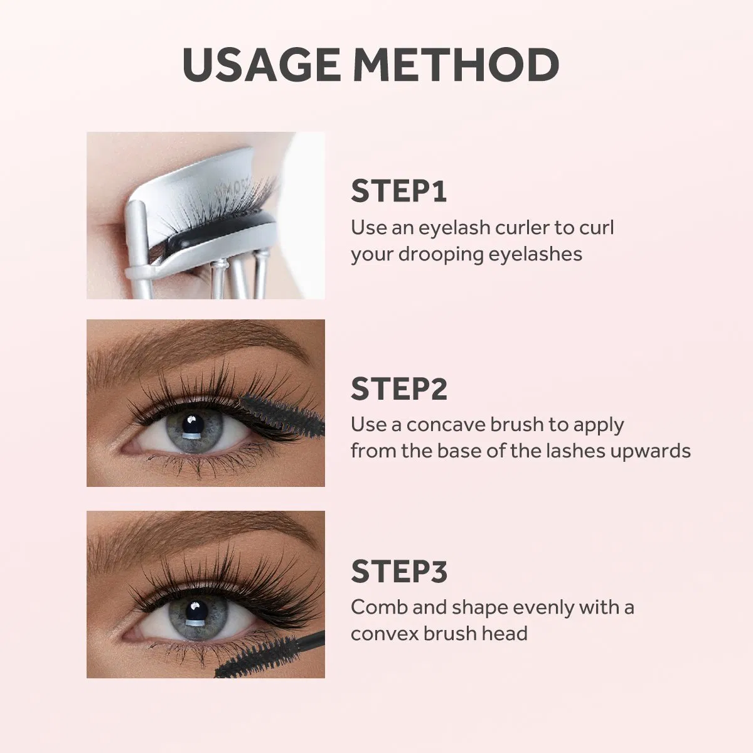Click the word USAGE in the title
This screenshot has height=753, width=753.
[x=262, y=65]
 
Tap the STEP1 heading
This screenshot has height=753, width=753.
[x=398, y=191]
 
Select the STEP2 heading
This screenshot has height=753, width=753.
[x=399, y=388]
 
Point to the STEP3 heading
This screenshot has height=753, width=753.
[x=399, y=571]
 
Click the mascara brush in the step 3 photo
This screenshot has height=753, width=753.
[x=270, y=653]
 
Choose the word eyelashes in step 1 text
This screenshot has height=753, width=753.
[x=535, y=254]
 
